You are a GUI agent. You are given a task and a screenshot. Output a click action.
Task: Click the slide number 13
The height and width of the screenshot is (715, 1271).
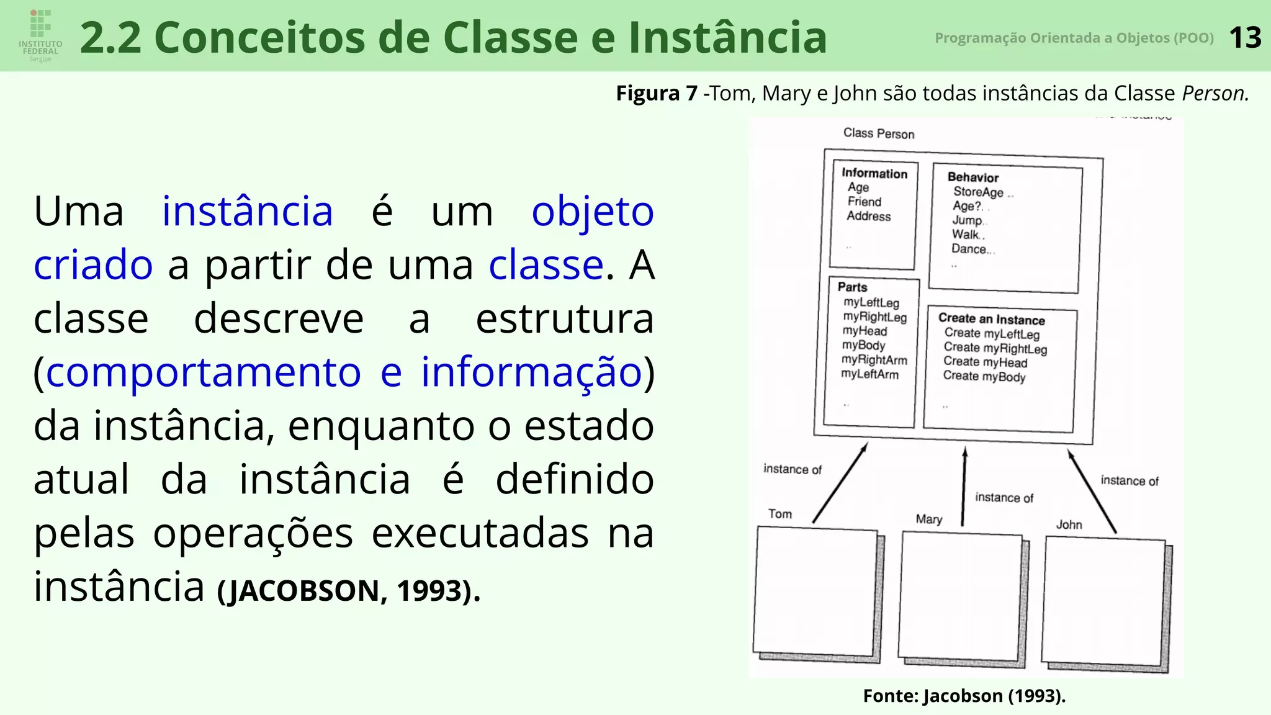click(1245, 38)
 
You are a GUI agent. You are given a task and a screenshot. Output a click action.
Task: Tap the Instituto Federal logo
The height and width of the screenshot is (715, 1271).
click(40, 35)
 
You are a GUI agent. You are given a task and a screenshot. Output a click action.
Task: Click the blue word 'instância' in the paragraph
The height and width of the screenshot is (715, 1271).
click(248, 211)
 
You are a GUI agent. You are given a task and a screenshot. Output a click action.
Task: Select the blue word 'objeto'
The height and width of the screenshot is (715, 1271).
click(593, 212)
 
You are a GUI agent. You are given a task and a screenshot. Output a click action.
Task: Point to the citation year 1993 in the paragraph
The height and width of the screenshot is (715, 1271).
click(429, 590)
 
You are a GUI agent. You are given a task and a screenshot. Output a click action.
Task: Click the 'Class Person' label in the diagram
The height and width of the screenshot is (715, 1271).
click(878, 133)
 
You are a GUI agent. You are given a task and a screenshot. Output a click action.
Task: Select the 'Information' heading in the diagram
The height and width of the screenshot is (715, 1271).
click(874, 174)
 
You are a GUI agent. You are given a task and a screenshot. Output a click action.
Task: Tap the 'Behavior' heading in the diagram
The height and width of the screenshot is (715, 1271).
click(972, 178)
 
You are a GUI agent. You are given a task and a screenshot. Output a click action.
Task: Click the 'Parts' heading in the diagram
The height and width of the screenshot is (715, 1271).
click(852, 287)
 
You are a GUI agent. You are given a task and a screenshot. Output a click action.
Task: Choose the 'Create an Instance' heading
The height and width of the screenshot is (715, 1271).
click(991, 319)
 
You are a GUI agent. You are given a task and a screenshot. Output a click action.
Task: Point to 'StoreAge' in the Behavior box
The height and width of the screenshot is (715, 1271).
click(978, 192)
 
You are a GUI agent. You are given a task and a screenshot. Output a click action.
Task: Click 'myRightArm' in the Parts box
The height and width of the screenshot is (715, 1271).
click(874, 360)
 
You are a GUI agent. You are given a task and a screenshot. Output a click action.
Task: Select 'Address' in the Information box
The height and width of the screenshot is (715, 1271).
click(868, 216)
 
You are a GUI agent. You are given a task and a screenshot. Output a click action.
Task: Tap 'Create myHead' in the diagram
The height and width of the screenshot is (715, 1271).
click(985, 362)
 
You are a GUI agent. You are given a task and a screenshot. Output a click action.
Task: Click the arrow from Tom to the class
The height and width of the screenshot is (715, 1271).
click(840, 483)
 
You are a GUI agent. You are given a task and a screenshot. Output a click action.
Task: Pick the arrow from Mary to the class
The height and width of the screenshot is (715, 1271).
click(964, 487)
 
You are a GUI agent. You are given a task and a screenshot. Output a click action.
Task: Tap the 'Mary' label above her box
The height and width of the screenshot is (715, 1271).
click(928, 519)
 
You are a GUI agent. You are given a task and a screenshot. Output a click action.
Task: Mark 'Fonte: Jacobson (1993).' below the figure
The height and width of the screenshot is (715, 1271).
click(964, 696)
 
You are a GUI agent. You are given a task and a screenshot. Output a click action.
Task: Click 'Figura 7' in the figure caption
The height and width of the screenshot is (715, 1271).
click(656, 93)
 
